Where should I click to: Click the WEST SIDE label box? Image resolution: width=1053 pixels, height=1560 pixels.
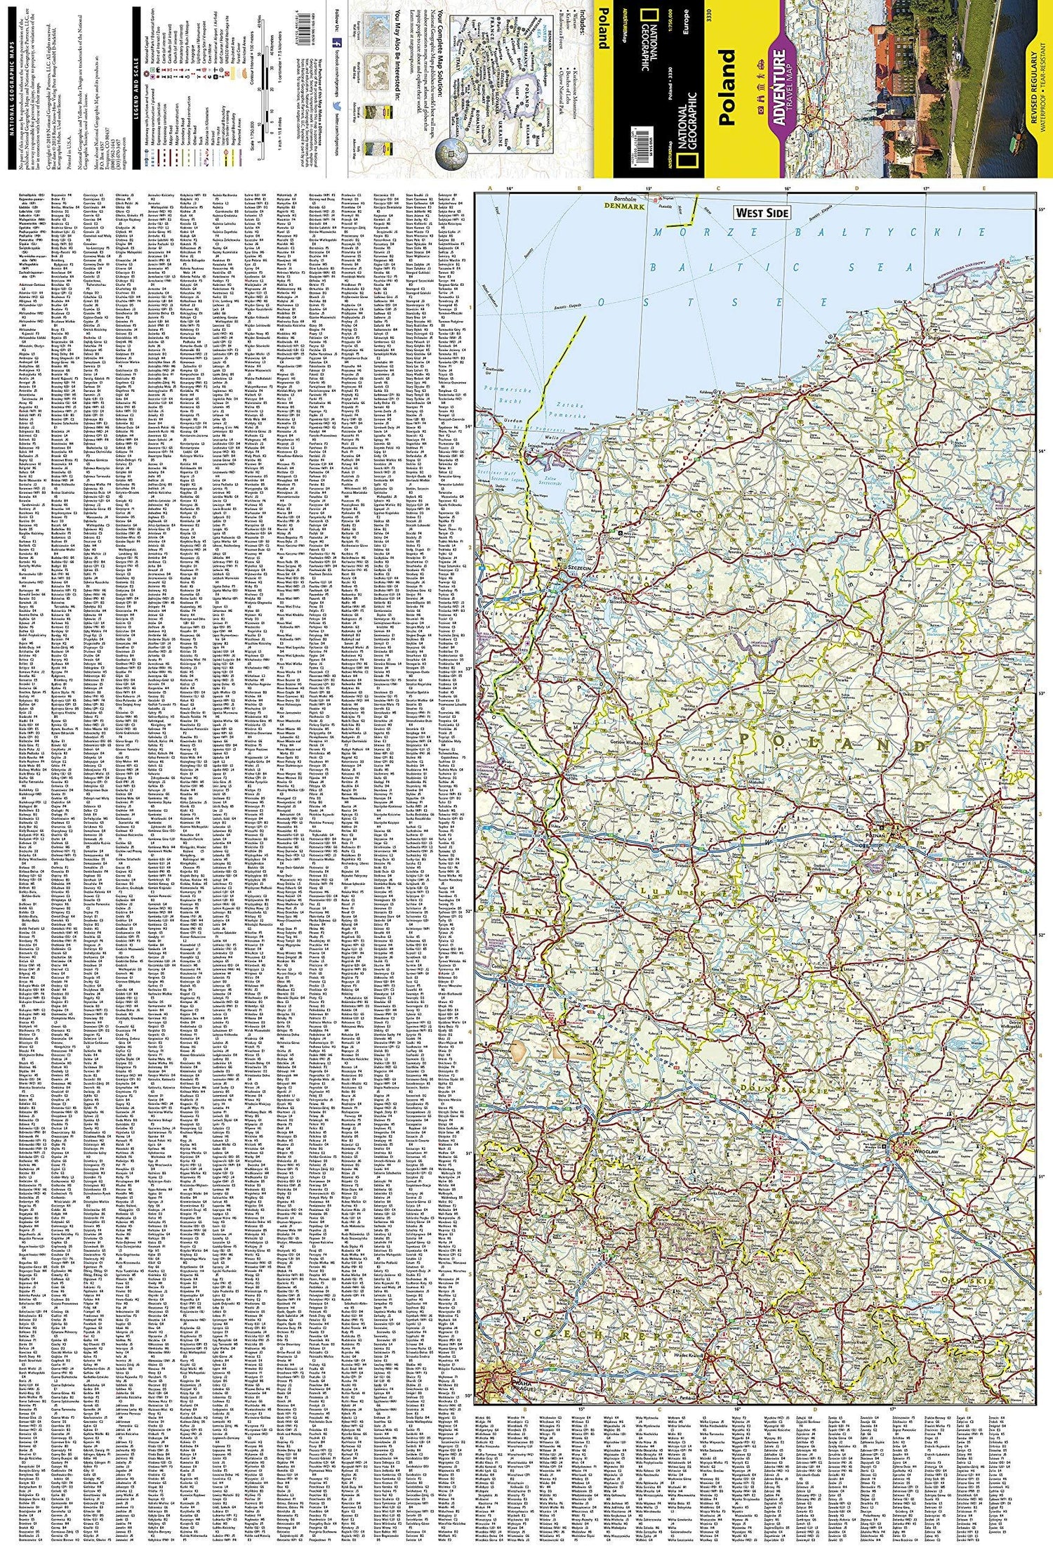tap(762, 212)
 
